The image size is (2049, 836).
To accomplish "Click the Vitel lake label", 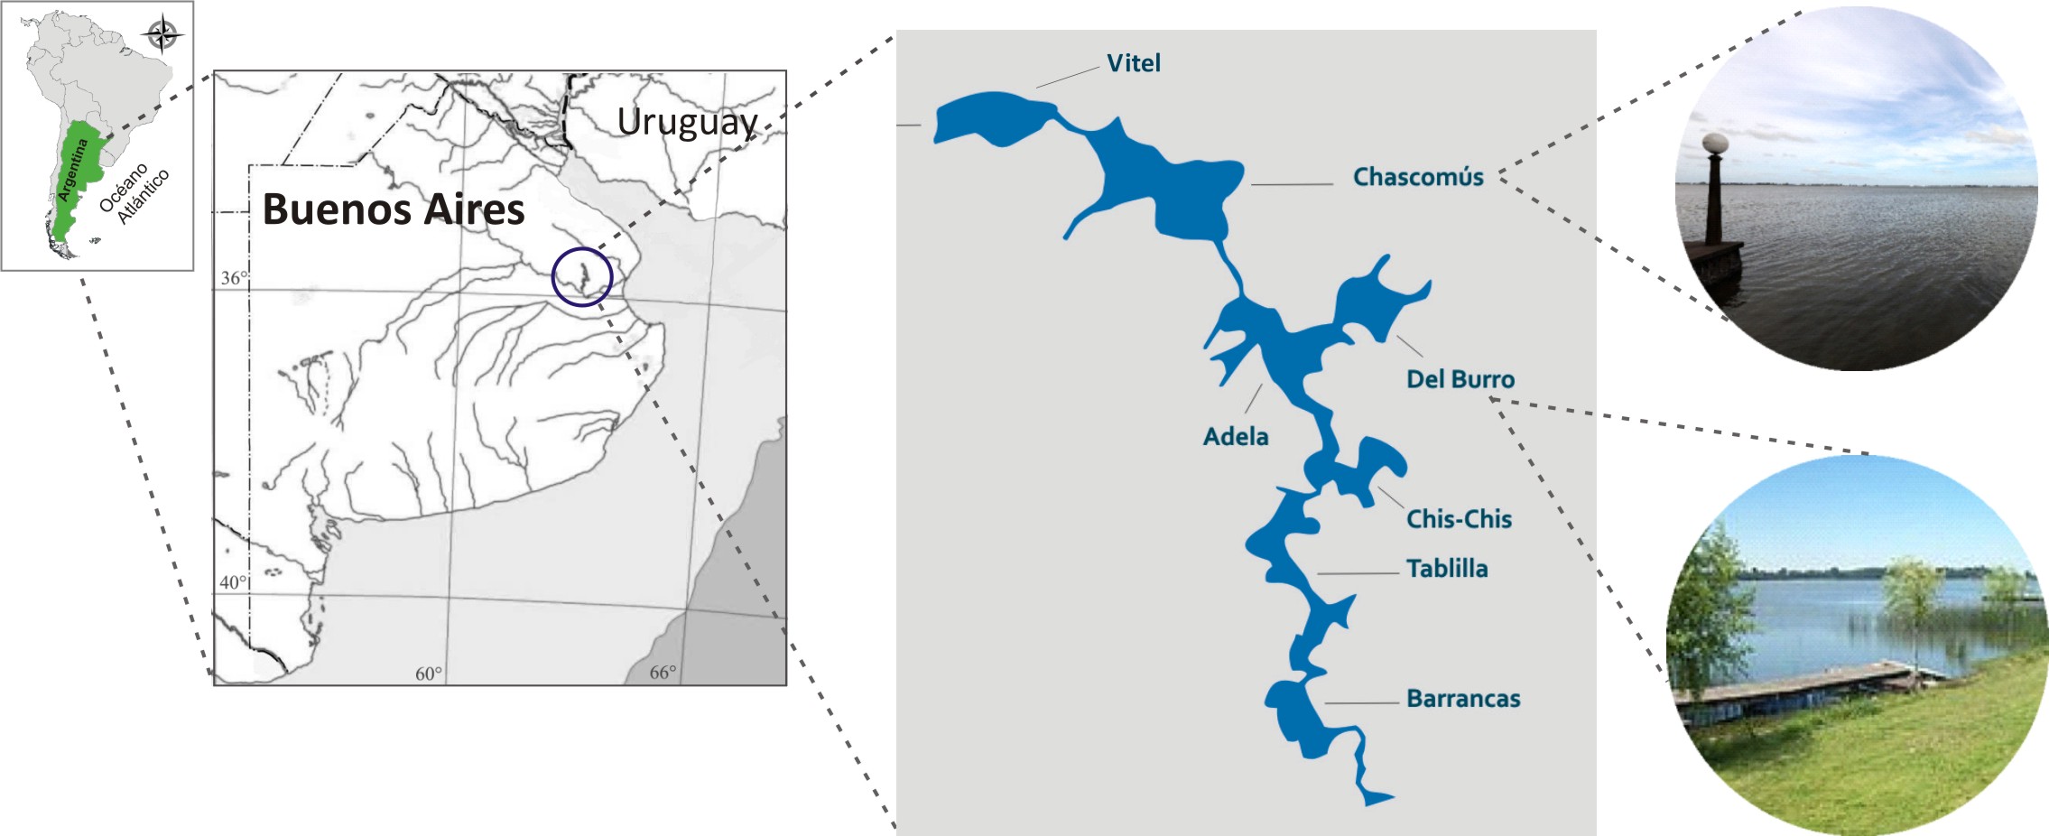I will click(1134, 63).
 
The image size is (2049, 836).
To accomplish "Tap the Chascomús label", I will click(1417, 177).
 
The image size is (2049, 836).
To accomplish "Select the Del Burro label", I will click(1460, 379).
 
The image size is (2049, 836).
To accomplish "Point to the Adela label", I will click(1235, 437).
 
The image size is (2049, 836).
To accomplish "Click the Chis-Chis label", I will click(1459, 519).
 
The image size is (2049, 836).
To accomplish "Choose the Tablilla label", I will click(1446, 569).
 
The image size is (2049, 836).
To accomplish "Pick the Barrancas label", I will click(1462, 699).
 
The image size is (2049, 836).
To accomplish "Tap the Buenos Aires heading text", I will click(393, 209).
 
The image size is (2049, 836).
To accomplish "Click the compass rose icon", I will click(162, 36).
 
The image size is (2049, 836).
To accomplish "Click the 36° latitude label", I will click(233, 278).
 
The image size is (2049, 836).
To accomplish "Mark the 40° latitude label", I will click(232, 582).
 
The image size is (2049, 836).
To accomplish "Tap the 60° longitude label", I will click(428, 673).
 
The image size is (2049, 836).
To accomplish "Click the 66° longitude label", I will click(662, 673).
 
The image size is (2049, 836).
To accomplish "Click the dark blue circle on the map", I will click(582, 276).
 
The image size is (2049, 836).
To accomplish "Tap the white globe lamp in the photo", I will click(1714, 144).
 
